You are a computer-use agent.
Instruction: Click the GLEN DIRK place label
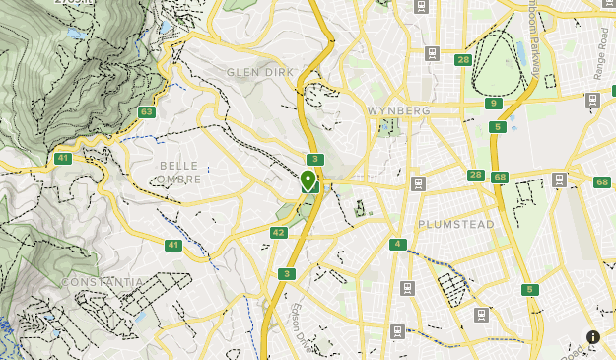tap(260, 72)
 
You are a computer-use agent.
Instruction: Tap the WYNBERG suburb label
tap(398, 110)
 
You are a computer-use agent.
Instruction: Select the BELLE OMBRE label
tap(178, 173)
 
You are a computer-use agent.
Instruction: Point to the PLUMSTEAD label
tap(455, 224)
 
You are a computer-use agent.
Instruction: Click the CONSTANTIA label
tap(102, 282)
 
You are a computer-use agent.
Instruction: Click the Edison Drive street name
tap(297, 324)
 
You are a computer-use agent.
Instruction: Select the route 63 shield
tap(147, 111)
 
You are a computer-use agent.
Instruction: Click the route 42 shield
tap(279, 233)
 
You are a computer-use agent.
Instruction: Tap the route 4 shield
tap(397, 245)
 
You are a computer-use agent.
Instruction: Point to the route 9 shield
tap(494, 104)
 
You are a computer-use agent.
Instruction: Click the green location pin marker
tap(308, 180)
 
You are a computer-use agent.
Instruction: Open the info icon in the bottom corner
tap(593, 337)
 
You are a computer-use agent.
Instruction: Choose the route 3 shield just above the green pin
tap(314, 159)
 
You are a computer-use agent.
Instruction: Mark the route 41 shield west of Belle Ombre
tap(63, 158)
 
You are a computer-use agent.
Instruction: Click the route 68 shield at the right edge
tap(602, 181)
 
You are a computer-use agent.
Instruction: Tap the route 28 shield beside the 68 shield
tap(476, 175)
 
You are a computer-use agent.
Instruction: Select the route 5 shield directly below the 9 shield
tap(499, 127)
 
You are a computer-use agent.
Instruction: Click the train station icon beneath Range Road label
tap(592, 100)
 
